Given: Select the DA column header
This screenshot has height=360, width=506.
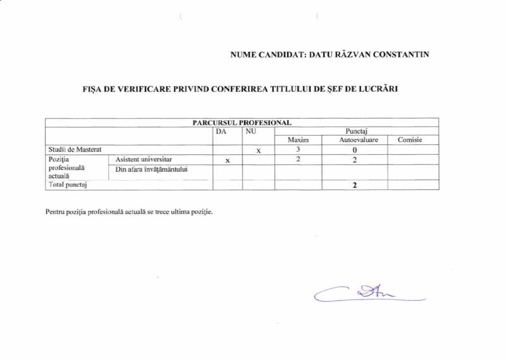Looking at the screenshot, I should point(221,131).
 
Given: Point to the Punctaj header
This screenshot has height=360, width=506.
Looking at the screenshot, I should point(356,131).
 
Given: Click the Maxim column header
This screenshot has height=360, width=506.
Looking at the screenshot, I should point(298,140).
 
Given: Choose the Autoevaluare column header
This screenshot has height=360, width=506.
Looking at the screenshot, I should point(354,140).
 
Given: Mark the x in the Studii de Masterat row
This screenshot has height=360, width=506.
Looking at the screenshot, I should point(258,151).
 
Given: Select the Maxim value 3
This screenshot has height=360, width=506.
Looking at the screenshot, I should point(298,150).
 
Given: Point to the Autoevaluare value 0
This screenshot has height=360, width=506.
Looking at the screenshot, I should point(355,150).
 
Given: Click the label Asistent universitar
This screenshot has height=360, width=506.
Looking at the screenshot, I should point(144,160).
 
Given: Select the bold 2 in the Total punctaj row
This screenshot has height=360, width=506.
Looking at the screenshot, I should point(355,185).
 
